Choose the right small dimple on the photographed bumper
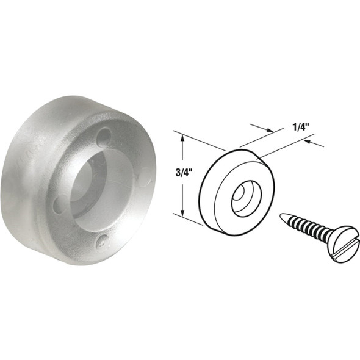[145, 177]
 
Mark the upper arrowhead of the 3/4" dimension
[182, 139]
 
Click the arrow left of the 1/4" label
[266, 130]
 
